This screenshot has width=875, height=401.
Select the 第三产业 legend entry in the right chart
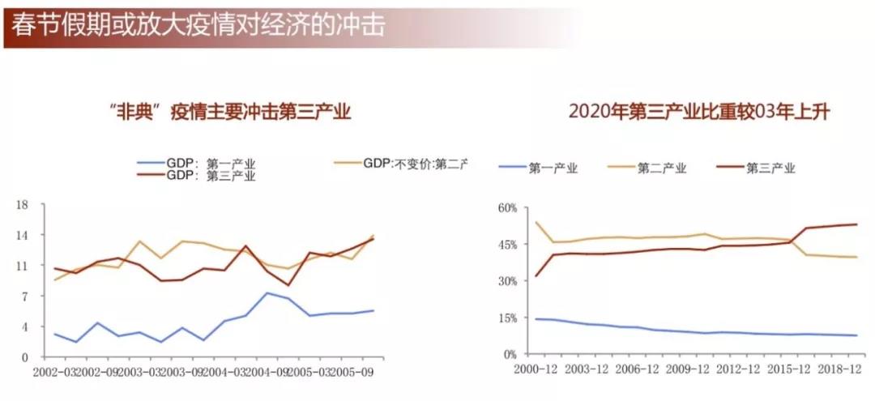(770, 168)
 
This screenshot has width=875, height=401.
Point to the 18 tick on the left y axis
(23, 205)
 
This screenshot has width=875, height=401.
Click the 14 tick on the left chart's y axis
(23, 235)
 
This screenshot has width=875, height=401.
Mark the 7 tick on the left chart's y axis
(25, 296)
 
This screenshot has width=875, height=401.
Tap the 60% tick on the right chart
(506, 207)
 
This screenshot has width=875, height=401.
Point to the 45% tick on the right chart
(506, 244)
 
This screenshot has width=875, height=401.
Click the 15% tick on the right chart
(506, 318)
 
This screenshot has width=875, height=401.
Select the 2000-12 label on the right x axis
(536, 369)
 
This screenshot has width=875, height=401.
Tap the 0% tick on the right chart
(509, 354)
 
